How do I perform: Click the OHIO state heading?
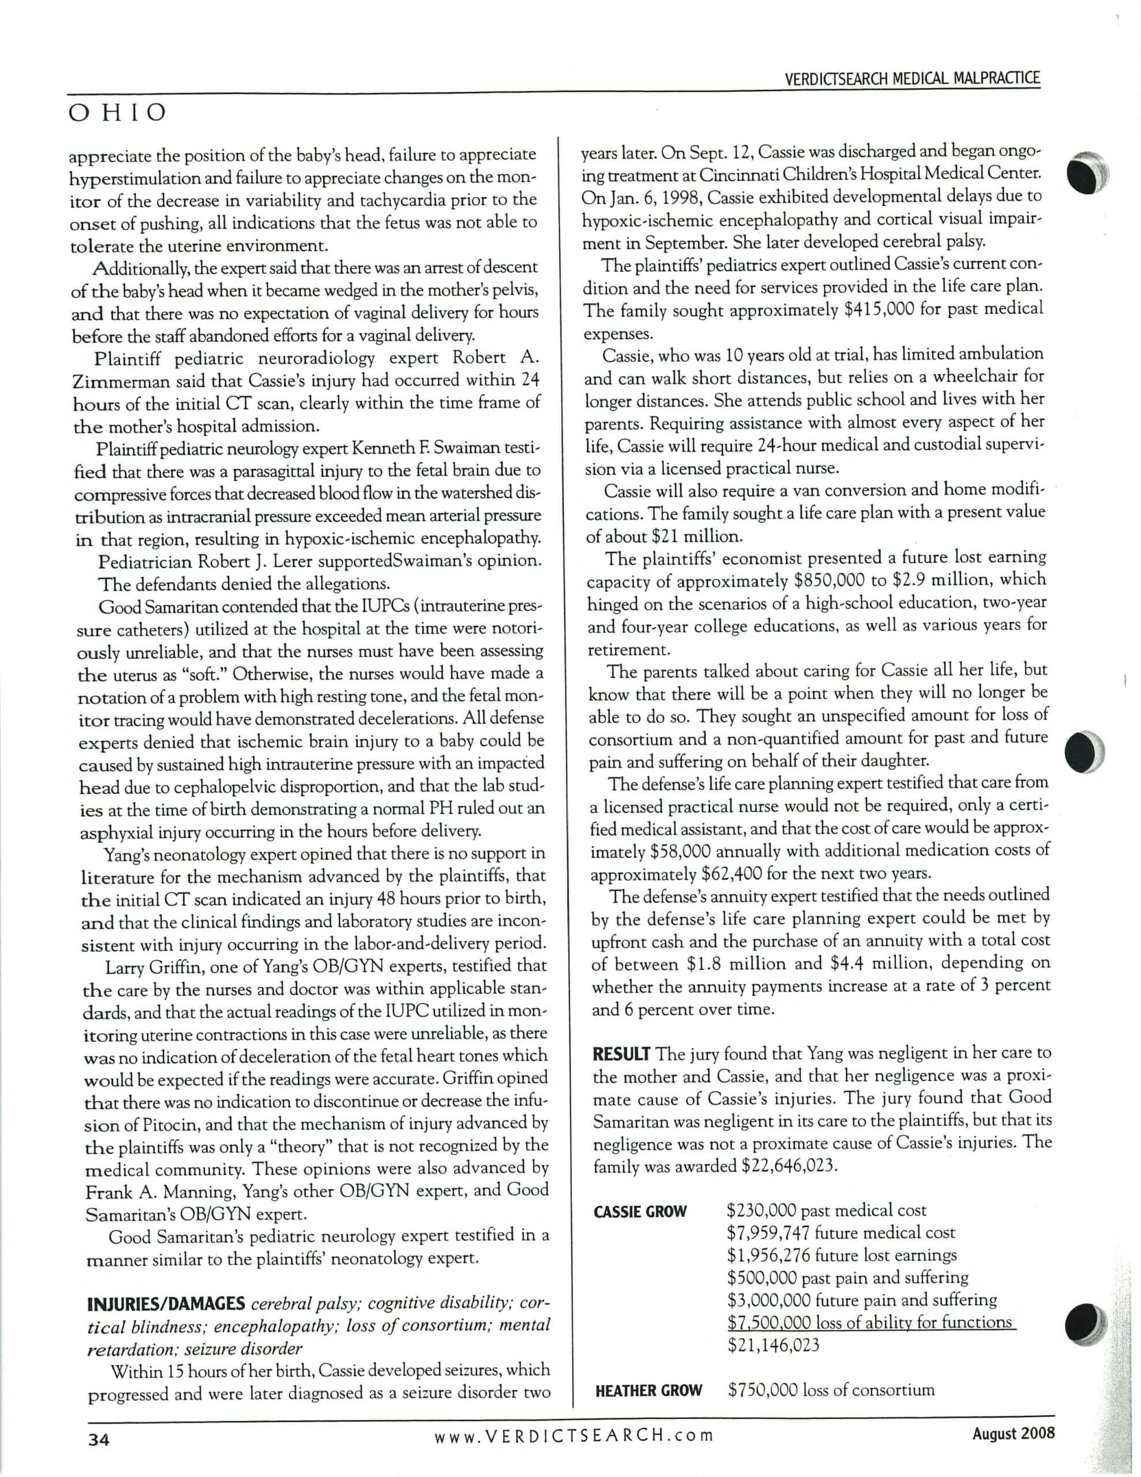click(x=117, y=113)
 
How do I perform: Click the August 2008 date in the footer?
click(x=1013, y=1433)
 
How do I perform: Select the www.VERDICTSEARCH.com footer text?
click(x=573, y=1434)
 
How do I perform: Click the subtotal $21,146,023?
click(x=773, y=1344)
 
